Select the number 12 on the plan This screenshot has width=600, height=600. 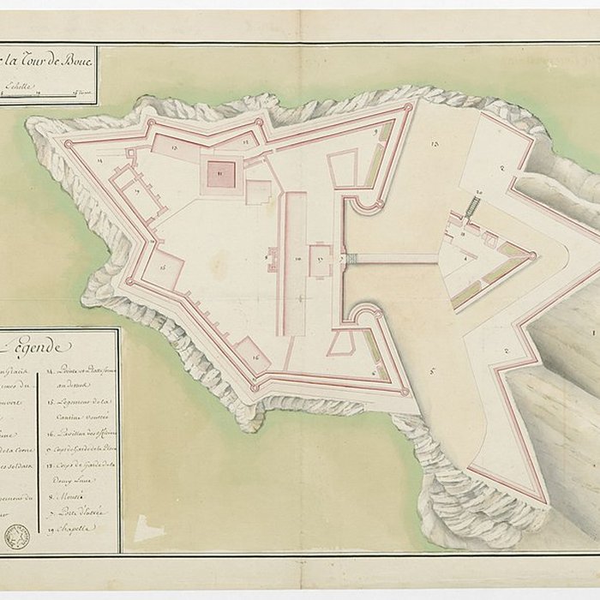(246, 138)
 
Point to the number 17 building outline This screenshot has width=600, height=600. (138, 191)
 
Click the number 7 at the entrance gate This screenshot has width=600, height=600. (342, 258)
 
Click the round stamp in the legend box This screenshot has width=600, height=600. (17, 536)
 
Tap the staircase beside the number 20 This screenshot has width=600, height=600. (471, 207)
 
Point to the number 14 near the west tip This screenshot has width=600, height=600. (99, 160)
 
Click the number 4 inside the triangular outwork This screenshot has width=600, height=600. (465, 258)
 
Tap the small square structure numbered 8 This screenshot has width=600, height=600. (272, 258)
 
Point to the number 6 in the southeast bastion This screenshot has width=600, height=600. (375, 374)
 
